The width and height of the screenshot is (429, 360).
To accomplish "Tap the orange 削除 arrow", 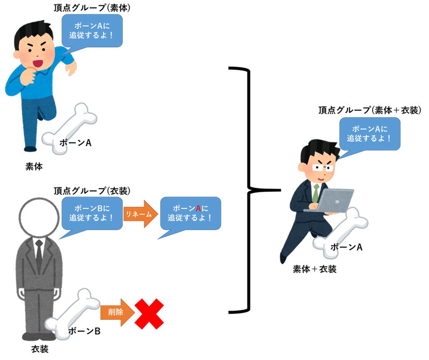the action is [117, 313].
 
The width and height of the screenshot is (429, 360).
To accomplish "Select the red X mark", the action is [149, 313].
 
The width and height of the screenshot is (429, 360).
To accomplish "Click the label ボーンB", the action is [84, 331].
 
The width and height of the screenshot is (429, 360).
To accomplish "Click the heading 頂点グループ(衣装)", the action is [92, 191].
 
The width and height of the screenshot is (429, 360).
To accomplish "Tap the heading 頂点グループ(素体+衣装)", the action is [369, 110].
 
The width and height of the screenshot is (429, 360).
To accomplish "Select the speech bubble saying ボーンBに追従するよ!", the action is [92, 213].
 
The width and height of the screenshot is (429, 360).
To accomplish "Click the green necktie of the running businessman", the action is [316, 193].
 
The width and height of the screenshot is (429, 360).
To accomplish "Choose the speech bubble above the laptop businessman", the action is [368, 133].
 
